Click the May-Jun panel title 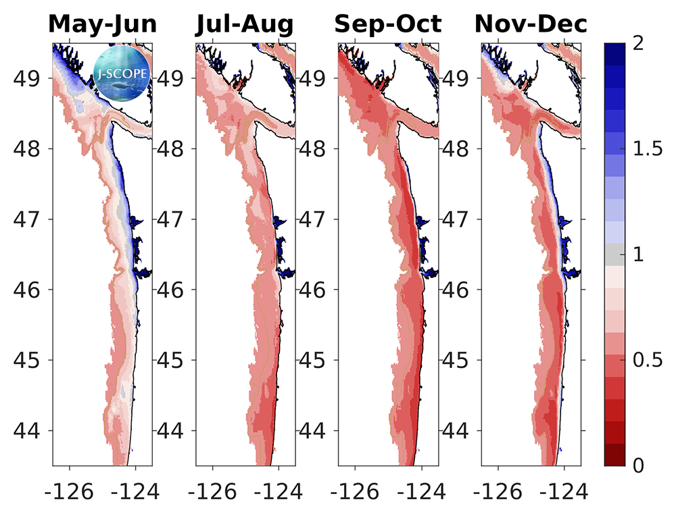pyautogui.click(x=103, y=24)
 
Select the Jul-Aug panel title pyautogui.click(x=245, y=24)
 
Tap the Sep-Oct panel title pyautogui.click(x=388, y=24)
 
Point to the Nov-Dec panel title pyautogui.click(x=531, y=24)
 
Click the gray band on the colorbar pyautogui.click(x=614, y=254)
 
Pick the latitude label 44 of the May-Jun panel pyautogui.click(x=31, y=431)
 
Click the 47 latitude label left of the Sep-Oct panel pyautogui.click(x=316, y=219)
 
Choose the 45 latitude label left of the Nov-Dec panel pyautogui.click(x=460, y=360)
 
